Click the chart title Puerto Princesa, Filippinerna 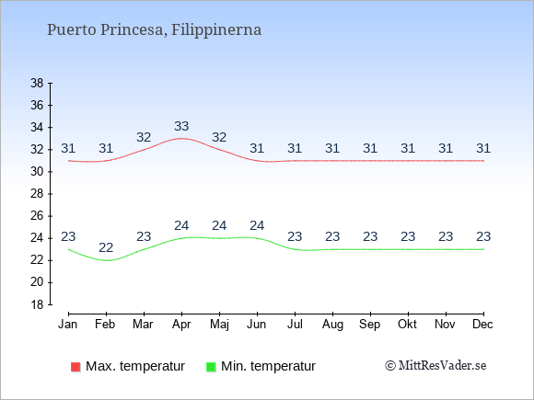(x=154, y=30)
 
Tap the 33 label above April (x=181, y=127)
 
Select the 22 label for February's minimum (x=106, y=247)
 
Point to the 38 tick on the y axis (x=37, y=83)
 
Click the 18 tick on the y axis (x=37, y=304)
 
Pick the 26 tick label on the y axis (x=37, y=216)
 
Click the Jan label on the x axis (x=68, y=325)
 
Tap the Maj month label (x=219, y=325)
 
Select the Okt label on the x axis (x=407, y=325)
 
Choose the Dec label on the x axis (x=483, y=325)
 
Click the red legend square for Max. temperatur (x=75, y=367)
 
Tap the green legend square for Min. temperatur (x=211, y=367)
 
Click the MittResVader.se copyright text (x=435, y=366)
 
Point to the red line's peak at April (x=181, y=139)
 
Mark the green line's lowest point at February (x=106, y=260)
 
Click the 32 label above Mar (x=144, y=137)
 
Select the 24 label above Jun (x=257, y=225)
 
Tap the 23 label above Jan (x=68, y=236)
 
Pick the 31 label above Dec (x=483, y=148)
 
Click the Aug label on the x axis (x=332, y=325)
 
